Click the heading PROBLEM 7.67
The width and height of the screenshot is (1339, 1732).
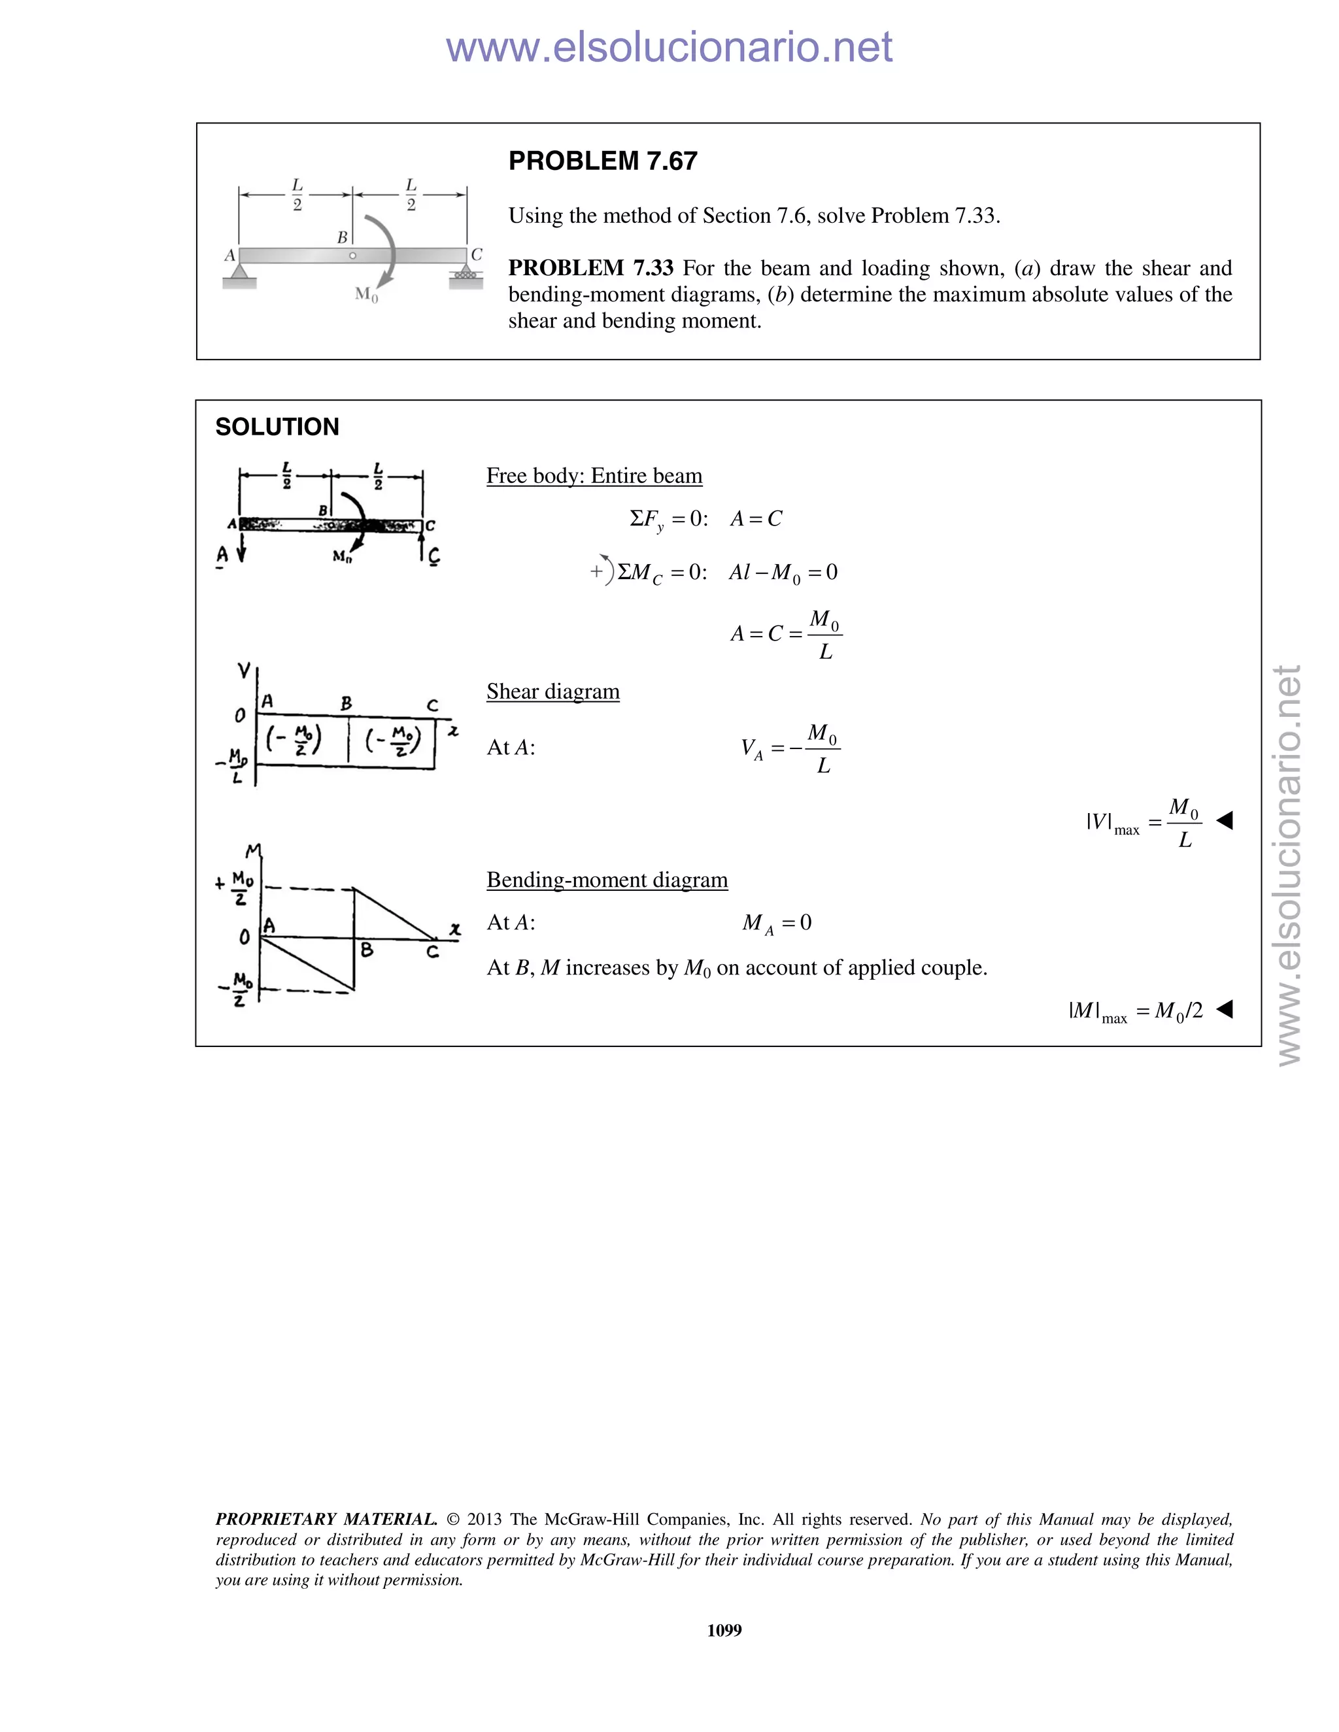(x=602, y=161)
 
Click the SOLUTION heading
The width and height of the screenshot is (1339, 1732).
(x=277, y=427)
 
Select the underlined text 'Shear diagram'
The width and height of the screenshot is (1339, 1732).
(x=553, y=691)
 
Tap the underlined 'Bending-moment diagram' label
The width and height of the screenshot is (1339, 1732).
(x=607, y=880)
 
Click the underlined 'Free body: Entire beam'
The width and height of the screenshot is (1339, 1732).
(x=594, y=476)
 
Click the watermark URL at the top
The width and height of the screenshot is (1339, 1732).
(x=669, y=48)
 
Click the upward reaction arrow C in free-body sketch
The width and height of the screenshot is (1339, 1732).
(x=422, y=546)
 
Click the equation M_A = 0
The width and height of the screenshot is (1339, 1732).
(x=777, y=923)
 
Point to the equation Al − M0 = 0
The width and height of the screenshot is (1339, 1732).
(x=783, y=573)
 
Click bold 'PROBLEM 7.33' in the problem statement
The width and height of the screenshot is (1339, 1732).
(x=590, y=268)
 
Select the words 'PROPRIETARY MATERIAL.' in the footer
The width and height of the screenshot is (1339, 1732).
(x=326, y=1520)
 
